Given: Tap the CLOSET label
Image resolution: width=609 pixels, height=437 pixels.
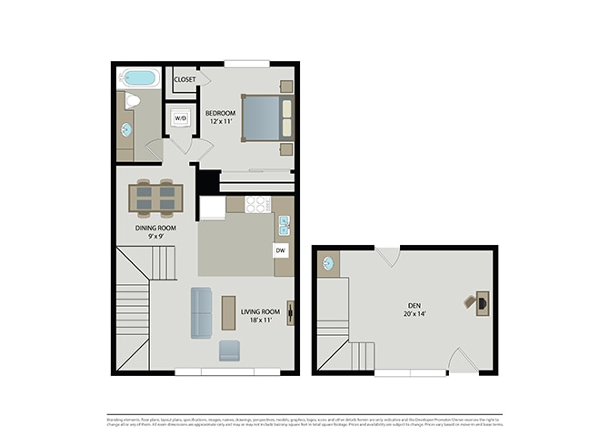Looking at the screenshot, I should pyautogui.click(x=185, y=79).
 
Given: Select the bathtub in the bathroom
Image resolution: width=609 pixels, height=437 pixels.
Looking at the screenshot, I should pyautogui.click(x=139, y=79).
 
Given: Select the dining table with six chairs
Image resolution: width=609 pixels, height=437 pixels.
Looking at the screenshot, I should pyautogui.click(x=155, y=197).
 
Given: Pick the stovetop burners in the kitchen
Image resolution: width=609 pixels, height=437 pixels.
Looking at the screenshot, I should pyautogui.click(x=256, y=204).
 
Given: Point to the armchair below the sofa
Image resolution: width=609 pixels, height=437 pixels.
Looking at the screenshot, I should pyautogui.click(x=230, y=351).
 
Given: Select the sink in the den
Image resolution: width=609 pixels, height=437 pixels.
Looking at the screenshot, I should pyautogui.click(x=328, y=264).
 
